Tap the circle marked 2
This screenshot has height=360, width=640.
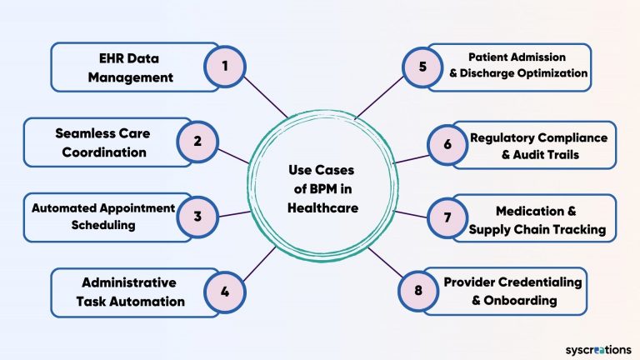coord(197,141)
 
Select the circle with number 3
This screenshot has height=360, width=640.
coord(197,216)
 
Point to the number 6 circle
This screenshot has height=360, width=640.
coord(447,144)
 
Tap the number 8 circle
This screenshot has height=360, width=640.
coord(419,291)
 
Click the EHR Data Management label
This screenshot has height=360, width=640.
coord(133,68)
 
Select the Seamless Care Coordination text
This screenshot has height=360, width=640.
coord(102,143)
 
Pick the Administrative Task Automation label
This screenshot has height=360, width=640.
coord(133,292)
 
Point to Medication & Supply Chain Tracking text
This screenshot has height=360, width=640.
coord(537,220)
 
